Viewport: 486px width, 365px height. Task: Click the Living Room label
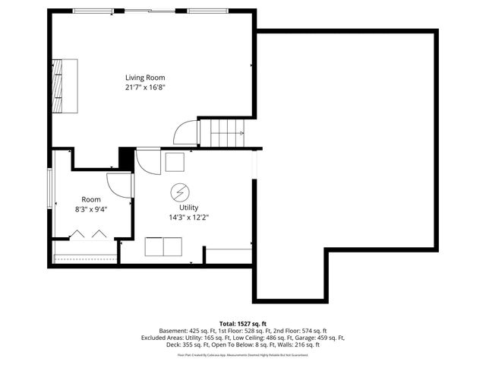(145, 78)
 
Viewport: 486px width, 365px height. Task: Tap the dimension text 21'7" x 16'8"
(145, 87)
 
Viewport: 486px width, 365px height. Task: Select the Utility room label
(188, 208)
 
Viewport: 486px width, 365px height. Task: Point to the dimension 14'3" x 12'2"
(188, 217)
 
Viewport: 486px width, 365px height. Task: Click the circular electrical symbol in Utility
(180, 191)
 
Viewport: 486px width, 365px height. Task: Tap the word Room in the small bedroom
(91, 199)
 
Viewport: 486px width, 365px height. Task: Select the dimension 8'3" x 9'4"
(91, 209)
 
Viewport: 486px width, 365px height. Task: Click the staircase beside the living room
(226, 134)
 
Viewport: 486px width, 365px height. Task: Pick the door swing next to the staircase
(186, 133)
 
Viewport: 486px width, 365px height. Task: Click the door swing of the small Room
(120, 186)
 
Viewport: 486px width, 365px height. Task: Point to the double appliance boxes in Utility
(163, 247)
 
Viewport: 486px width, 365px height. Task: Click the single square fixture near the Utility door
(175, 162)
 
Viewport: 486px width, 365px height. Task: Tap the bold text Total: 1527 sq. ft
(243, 323)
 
